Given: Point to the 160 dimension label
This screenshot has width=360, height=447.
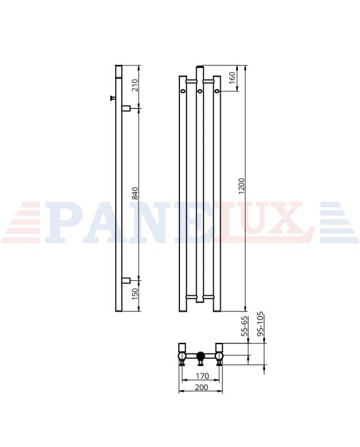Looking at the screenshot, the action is pos(232,78).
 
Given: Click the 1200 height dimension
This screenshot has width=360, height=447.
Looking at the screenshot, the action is pos(242,186).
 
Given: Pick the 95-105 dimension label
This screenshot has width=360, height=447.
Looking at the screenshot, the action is pos(261,325).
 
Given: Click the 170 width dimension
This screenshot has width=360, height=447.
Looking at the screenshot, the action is pos(202,376).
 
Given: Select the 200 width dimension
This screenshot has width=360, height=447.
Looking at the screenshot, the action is pos(202,387).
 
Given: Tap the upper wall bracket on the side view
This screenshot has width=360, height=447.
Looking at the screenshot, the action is pos(126,109).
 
